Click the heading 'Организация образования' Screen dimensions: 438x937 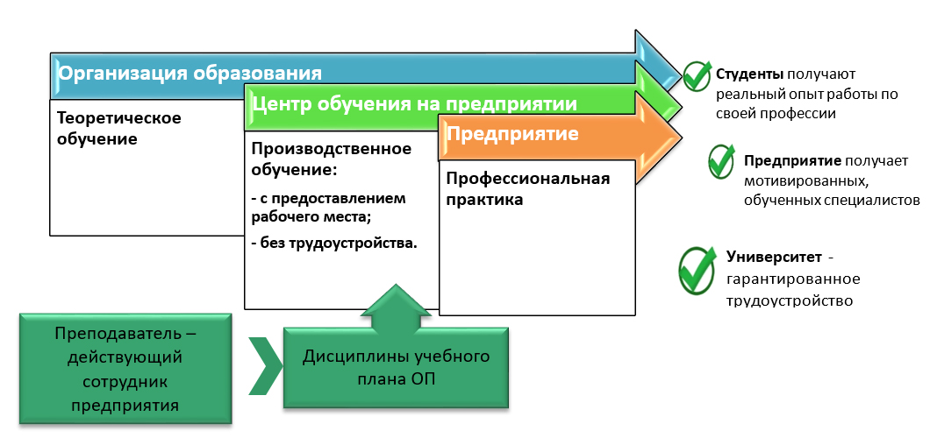tap(190, 72)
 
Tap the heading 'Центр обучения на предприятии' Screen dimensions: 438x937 tap(414, 103)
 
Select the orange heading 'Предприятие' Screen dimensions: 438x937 tap(512, 135)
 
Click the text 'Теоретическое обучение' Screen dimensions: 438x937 tap(119, 128)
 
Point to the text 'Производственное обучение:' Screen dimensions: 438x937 tap(332, 157)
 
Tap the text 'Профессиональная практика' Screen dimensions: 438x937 tap(528, 189)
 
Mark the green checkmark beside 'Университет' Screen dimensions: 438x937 tap(698, 267)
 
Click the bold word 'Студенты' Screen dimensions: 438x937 tap(749, 74)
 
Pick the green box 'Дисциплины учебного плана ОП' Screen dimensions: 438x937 tap(395, 368)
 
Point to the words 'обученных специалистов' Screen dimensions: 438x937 tap(831, 200)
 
